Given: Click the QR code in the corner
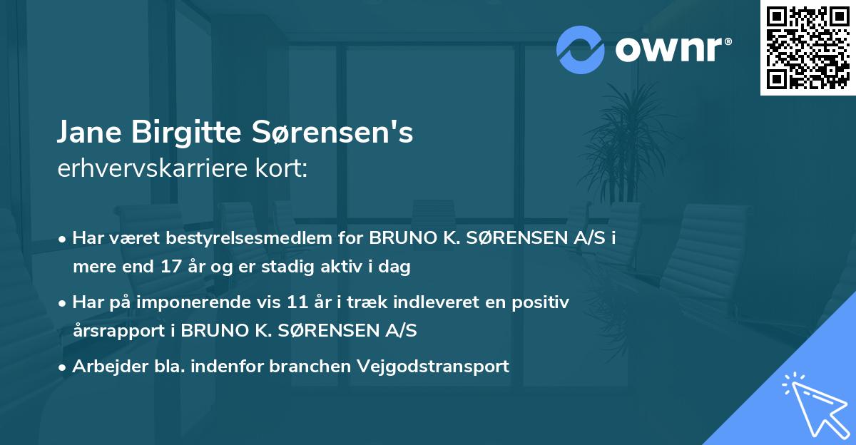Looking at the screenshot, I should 807,48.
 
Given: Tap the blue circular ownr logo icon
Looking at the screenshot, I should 581,49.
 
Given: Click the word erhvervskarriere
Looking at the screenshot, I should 156,169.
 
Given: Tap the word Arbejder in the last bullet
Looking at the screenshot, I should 103,367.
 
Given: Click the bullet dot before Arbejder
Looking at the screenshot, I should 63,367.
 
